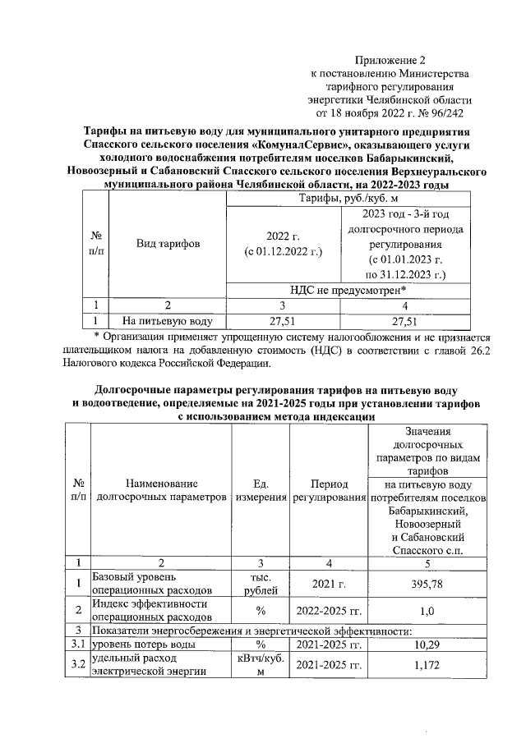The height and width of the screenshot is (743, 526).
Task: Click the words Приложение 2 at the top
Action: (x=391, y=61)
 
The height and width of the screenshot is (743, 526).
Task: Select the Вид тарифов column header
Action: (x=168, y=244)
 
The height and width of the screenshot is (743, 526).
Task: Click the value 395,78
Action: (x=427, y=583)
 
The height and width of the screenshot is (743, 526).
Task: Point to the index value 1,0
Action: (x=427, y=610)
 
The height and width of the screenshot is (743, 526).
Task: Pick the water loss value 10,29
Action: (x=427, y=644)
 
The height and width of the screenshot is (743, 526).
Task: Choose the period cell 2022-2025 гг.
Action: (x=328, y=610)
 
